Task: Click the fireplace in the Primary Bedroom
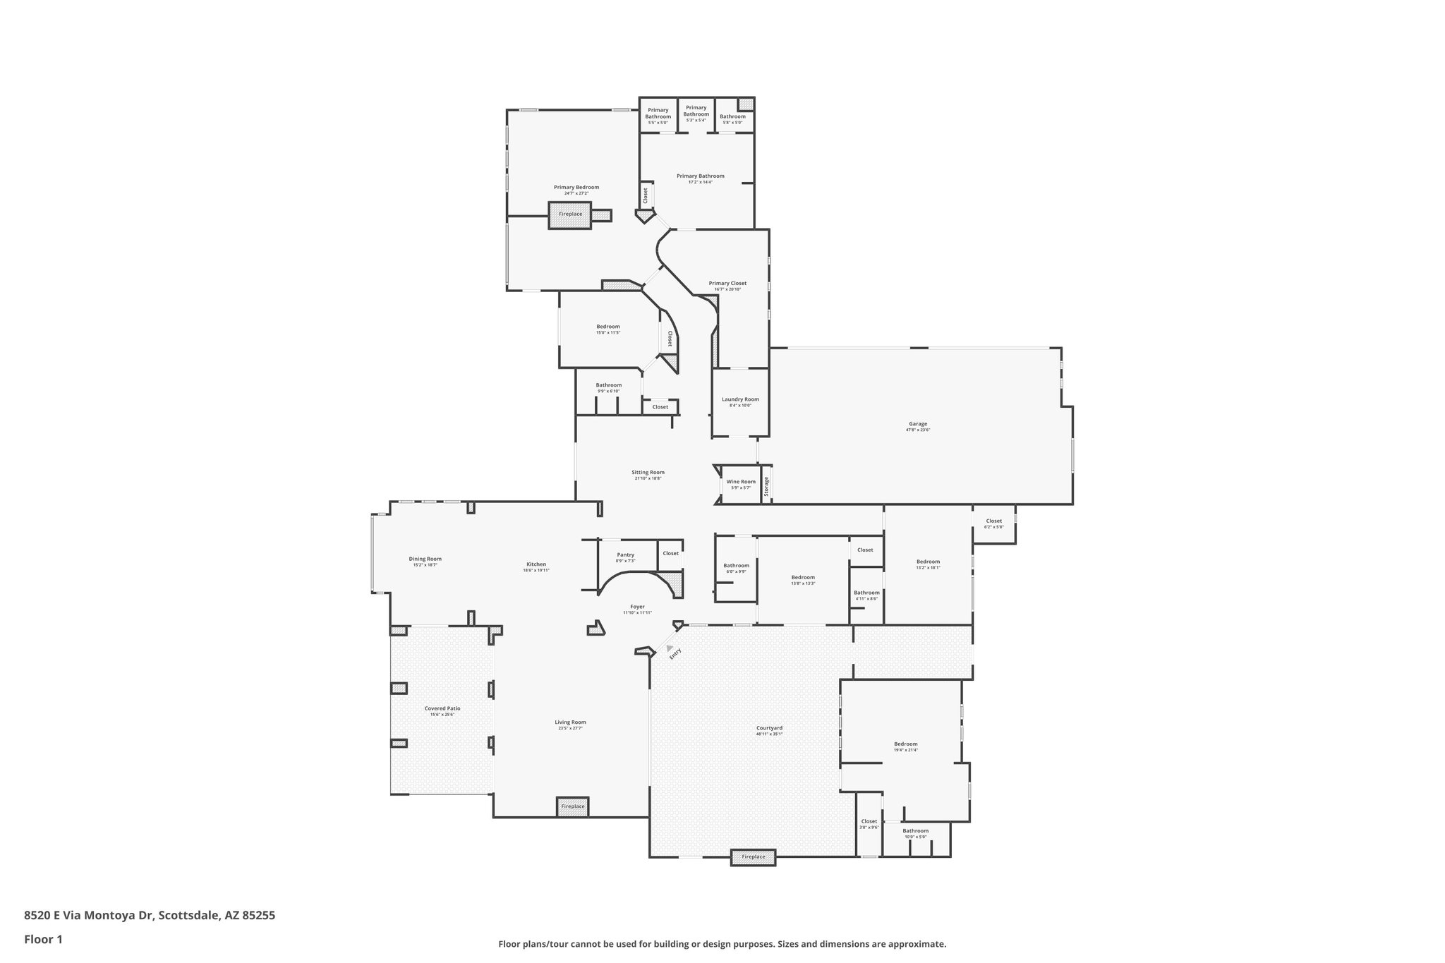tap(570, 214)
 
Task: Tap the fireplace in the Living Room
tap(572, 806)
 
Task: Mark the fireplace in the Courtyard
tap(753, 857)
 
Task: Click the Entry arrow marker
tap(670, 648)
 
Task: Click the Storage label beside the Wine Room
tap(766, 486)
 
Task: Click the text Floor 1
tap(44, 939)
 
